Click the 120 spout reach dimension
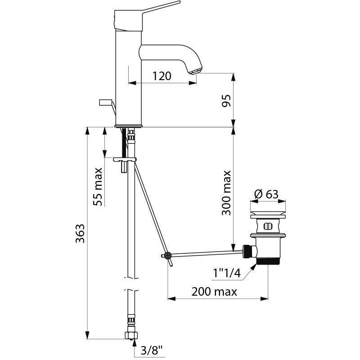pyautogui.click(x=162, y=76)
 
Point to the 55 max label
pyautogui.click(x=98, y=186)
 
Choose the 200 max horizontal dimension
pyautogui.click(x=214, y=292)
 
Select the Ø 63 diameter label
pyautogui.click(x=266, y=194)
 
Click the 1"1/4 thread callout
pyautogui.click(x=227, y=273)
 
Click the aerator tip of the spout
pyautogui.click(x=195, y=71)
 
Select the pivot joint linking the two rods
pyautogui.click(x=167, y=256)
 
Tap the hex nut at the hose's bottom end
pyautogui.click(x=131, y=335)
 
